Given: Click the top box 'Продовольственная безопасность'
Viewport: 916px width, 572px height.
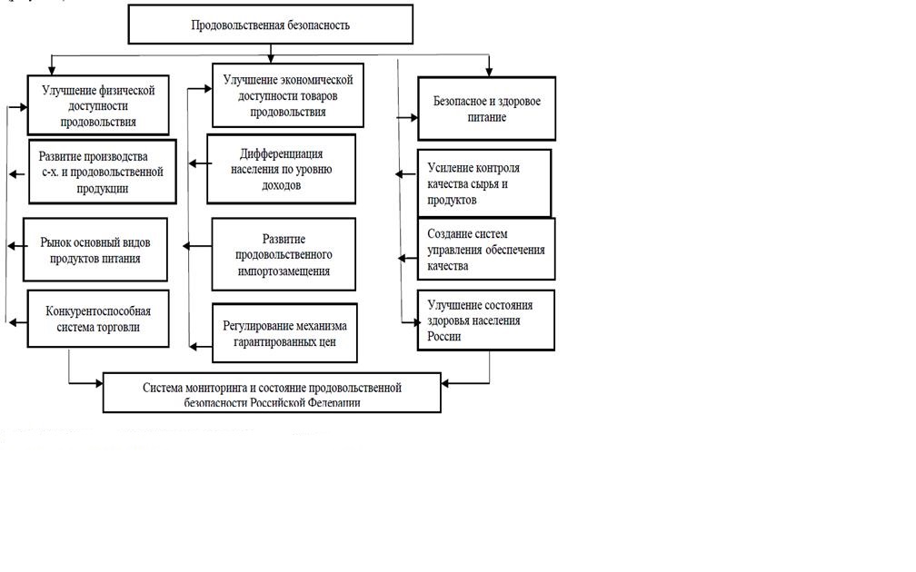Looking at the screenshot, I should click(x=270, y=25).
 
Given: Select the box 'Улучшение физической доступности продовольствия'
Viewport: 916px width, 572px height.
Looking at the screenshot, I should click(x=98, y=105).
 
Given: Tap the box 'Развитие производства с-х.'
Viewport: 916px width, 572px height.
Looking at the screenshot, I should click(x=102, y=172).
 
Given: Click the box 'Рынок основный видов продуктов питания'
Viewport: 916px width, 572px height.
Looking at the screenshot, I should click(x=97, y=249).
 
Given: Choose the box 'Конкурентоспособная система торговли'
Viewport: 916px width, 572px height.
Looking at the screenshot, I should click(x=99, y=319).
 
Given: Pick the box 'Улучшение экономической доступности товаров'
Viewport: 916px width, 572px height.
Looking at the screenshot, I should click(x=288, y=95).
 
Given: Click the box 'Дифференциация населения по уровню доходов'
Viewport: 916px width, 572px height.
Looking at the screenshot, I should click(x=281, y=169).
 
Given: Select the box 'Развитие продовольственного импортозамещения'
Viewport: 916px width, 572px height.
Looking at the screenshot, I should click(x=284, y=254).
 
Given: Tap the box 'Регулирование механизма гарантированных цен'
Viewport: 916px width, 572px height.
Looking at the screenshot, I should click(x=284, y=333).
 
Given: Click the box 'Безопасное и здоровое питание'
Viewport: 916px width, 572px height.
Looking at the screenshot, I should click(x=486, y=109).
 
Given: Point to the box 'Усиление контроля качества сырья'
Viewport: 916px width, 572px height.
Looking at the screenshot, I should click(x=484, y=182).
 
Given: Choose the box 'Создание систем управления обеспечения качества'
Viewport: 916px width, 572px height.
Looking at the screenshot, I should click(x=486, y=249).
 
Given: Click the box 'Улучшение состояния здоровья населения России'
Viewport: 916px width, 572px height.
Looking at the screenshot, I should click(x=486, y=320).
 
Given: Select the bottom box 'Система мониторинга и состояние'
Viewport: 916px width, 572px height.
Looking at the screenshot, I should click(x=272, y=394).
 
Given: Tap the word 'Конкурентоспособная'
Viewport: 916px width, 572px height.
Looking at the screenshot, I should click(x=98, y=311).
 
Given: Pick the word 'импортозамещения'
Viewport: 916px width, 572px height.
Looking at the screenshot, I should click(x=284, y=271).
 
